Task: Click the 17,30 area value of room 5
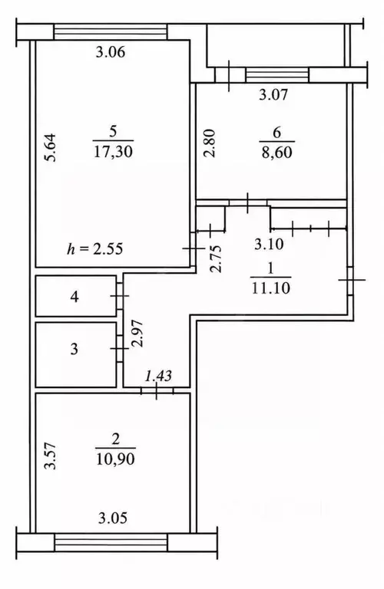tap(113, 152)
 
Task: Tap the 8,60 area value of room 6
tap(276, 153)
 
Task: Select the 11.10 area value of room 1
tap(271, 288)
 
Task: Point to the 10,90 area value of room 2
tap(115, 459)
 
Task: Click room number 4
tap(74, 297)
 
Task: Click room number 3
tap(74, 349)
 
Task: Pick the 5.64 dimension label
tap(50, 147)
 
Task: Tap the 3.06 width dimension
tap(110, 52)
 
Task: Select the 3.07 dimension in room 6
tap(273, 94)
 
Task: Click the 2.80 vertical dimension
tap(210, 143)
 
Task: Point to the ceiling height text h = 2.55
tap(95, 248)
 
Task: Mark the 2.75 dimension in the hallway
tap(217, 258)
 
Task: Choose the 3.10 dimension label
tap(269, 245)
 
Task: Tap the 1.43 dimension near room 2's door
tap(158, 376)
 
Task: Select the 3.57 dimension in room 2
tap(50, 456)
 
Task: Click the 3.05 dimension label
tap(113, 518)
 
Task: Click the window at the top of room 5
tap(111, 31)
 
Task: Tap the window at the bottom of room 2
tap(111, 542)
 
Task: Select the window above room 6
tap(276, 74)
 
